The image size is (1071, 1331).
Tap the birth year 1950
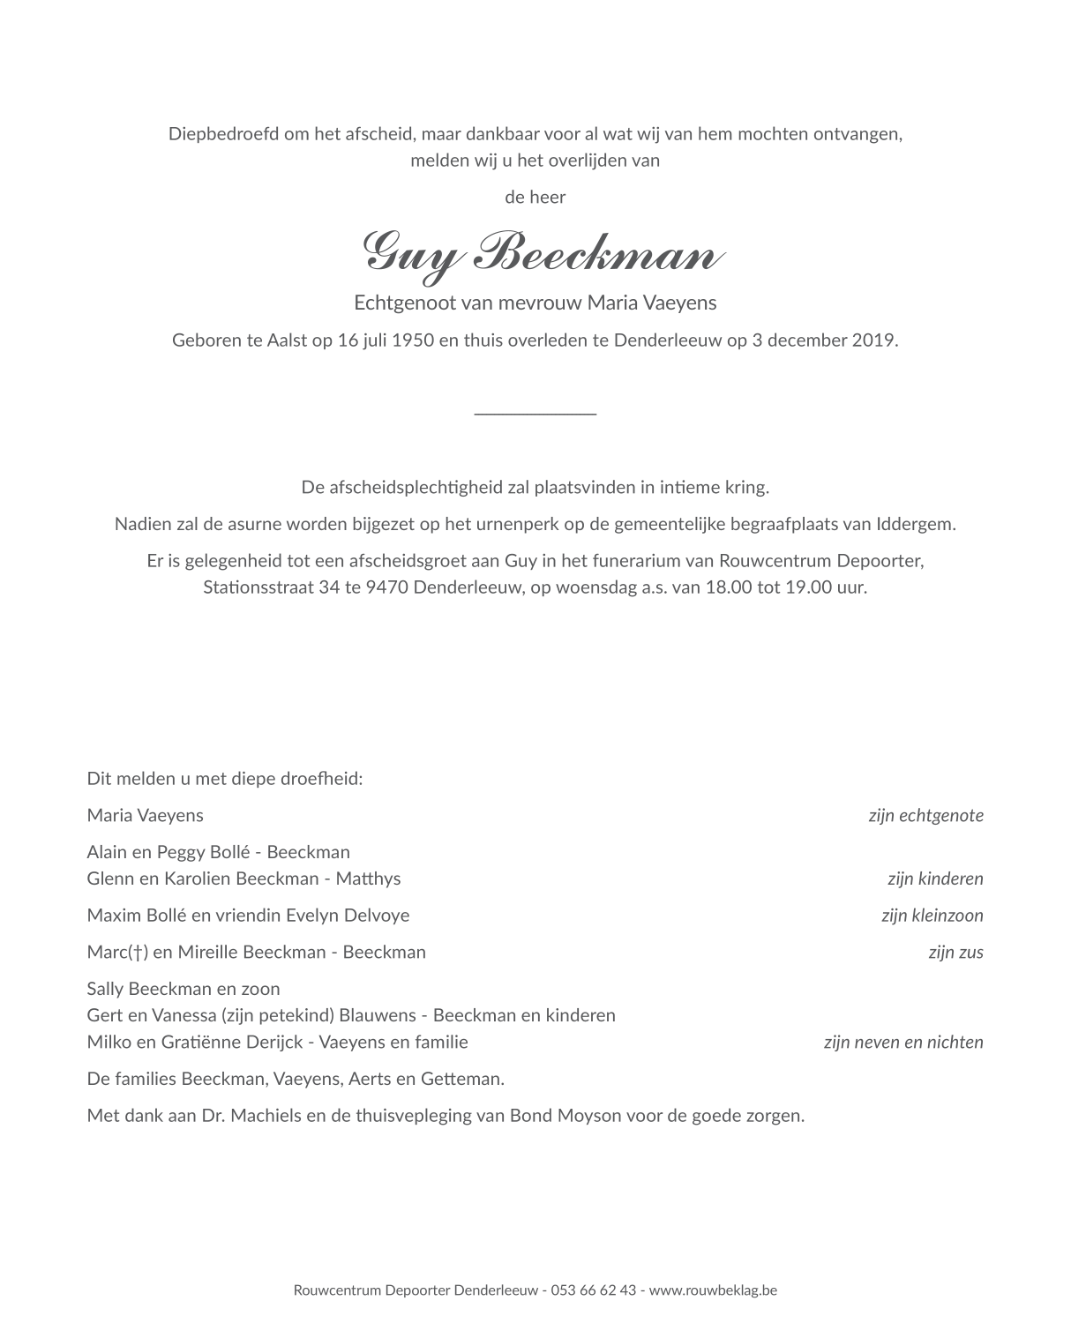[x=414, y=340]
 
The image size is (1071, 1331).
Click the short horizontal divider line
[x=535, y=413]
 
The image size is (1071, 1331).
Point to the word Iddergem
[x=915, y=524]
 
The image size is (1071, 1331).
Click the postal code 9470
[x=383, y=587]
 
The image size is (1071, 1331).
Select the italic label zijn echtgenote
[x=925, y=816]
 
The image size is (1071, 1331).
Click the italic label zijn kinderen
[x=935, y=879]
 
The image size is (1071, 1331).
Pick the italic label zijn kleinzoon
[x=932, y=916]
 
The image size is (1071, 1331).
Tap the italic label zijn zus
[x=955, y=953]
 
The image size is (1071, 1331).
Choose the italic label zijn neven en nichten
[x=902, y=1043]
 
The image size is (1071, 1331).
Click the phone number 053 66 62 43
[x=593, y=1290]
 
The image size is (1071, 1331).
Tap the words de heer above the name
[x=535, y=197]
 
